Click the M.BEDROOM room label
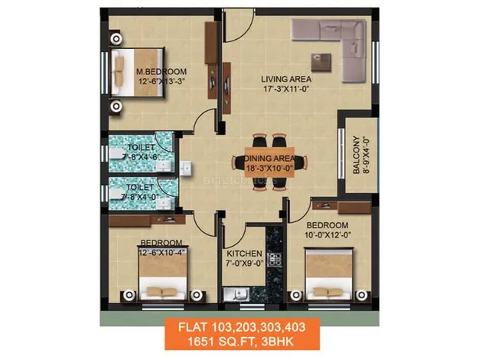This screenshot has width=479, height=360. tap(161, 71)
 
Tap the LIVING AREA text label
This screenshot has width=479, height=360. tap(286, 79)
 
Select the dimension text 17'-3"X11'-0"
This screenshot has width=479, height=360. tap(286, 89)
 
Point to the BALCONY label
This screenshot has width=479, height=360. tap(357, 155)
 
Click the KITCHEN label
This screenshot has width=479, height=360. tap(244, 254)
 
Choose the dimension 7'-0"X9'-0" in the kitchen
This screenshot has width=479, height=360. tap(244, 263)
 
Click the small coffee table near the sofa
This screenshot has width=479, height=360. tap(321, 63)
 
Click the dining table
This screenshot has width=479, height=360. tap(270, 162)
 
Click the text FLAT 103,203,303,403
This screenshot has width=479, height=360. tap(242, 327)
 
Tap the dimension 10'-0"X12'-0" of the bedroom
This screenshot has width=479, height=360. tap(327, 235)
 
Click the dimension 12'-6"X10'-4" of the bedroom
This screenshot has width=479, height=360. tap(161, 253)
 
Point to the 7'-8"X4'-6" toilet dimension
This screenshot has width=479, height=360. tap(141, 157)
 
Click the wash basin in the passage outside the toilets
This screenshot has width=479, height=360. tap(185, 169)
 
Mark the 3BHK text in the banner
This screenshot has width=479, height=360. tap(278, 342)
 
